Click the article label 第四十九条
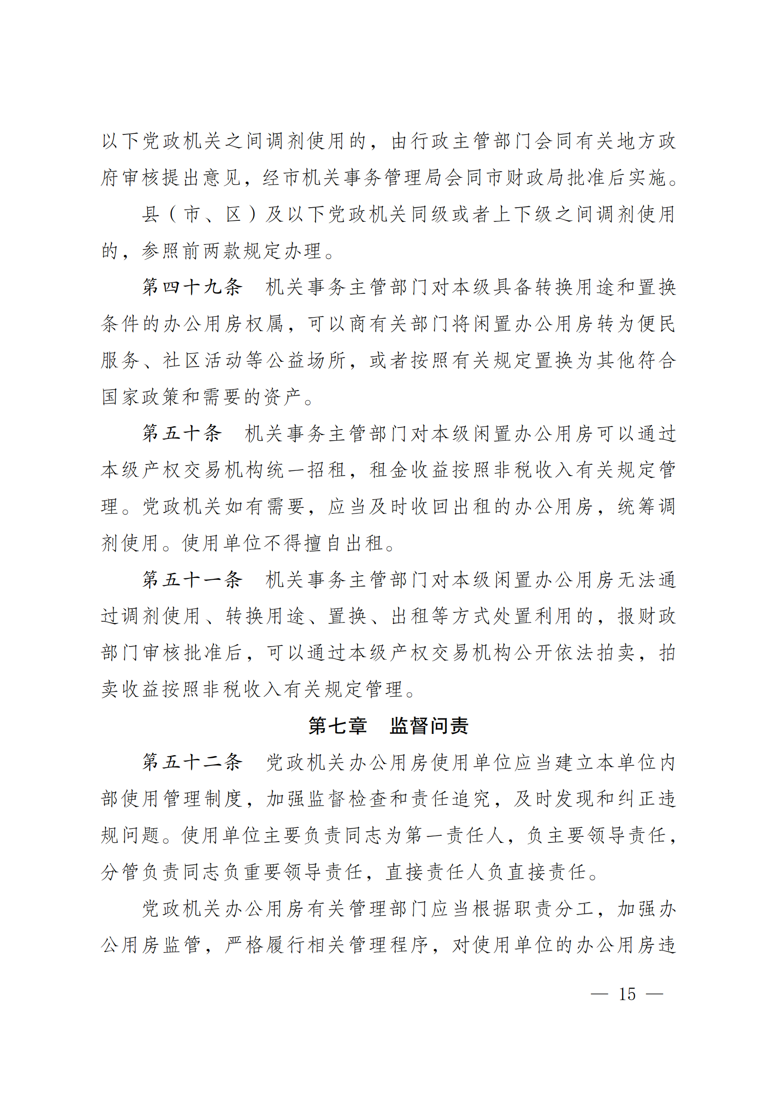[192, 287]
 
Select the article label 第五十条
[182, 433]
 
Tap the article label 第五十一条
[192, 580]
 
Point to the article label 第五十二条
[192, 763]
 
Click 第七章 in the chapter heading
[338, 726]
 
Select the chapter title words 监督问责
[429, 726]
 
